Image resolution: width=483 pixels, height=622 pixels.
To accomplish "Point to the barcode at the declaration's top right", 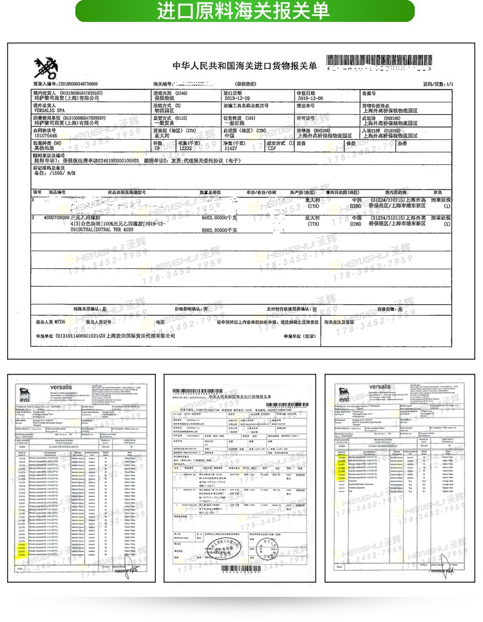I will click(x=389, y=63).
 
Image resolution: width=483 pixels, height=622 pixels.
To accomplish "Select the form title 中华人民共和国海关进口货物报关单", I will click(x=245, y=66).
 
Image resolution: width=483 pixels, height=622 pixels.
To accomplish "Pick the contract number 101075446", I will click(x=46, y=136).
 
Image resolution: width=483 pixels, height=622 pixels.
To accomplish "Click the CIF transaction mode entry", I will click(x=272, y=148).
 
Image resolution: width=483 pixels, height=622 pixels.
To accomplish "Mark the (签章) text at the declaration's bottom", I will click(x=308, y=336).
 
